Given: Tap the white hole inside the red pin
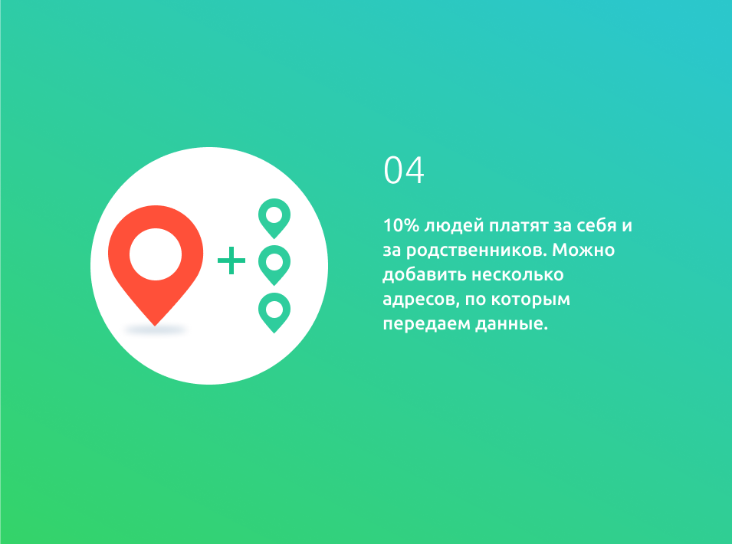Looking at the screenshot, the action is (156, 254).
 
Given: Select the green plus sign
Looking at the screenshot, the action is (231, 261).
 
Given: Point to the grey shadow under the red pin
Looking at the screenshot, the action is (156, 330).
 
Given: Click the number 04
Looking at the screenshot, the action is (404, 170).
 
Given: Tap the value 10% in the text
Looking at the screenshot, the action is (401, 225).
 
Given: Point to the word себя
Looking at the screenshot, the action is (597, 225).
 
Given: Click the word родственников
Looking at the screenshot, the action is (476, 251).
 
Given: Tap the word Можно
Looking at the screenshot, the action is (583, 250).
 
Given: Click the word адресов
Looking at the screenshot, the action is (422, 300).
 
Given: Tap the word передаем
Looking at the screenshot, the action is (427, 324).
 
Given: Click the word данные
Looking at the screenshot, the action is (512, 324).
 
